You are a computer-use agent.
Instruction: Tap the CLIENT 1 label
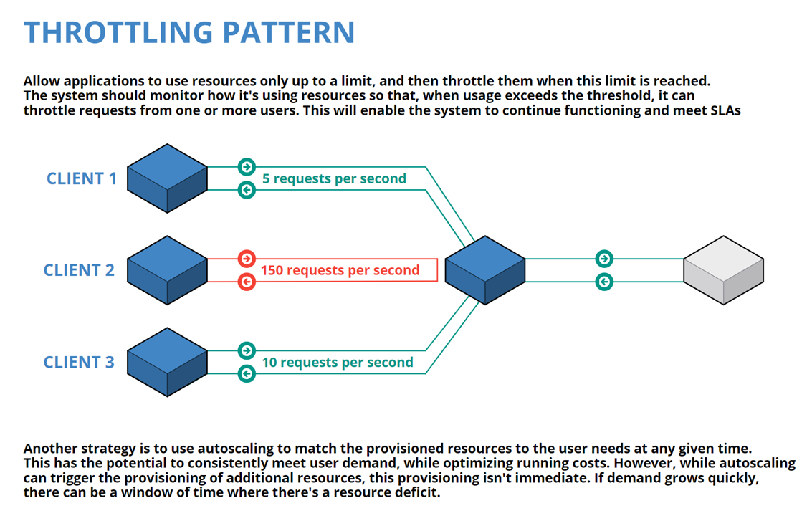pyautogui.click(x=81, y=178)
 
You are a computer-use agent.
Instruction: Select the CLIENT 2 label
pyautogui.click(x=79, y=270)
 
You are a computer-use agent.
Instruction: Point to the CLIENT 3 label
pyautogui.click(x=79, y=362)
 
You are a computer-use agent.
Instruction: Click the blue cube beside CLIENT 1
pyautogui.click(x=167, y=178)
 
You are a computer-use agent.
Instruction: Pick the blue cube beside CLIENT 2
pyautogui.click(x=167, y=270)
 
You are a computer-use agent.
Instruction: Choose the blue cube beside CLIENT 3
pyautogui.click(x=167, y=362)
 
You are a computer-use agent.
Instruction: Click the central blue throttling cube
pyautogui.click(x=485, y=270)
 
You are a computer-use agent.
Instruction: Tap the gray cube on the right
pyautogui.click(x=723, y=270)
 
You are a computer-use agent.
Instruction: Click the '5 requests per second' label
pyautogui.click(x=334, y=178)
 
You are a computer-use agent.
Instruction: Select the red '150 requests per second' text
pyautogui.click(x=340, y=270)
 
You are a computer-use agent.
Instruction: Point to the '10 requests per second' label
pyautogui.click(x=338, y=363)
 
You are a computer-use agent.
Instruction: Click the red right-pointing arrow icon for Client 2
pyautogui.click(x=247, y=259)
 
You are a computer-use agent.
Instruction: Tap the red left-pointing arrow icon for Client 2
pyautogui.click(x=247, y=282)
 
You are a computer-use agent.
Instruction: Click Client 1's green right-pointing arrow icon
pyautogui.click(x=247, y=167)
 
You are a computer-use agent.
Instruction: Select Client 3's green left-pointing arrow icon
pyautogui.click(x=247, y=373)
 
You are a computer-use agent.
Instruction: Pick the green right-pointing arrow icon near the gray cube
pyautogui.click(x=604, y=259)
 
